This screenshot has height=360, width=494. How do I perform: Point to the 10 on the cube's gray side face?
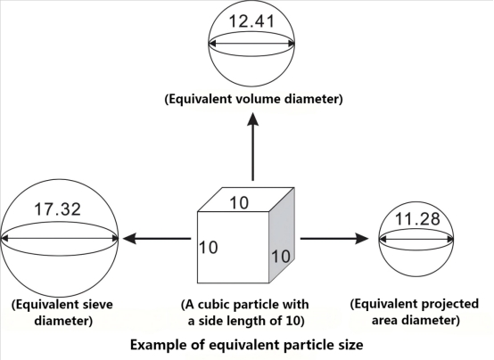pyautogui.click(x=280, y=256)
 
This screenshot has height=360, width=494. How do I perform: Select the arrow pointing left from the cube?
pyautogui.click(x=156, y=239)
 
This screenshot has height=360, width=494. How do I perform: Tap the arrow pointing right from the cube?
pyautogui.click(x=335, y=239)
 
